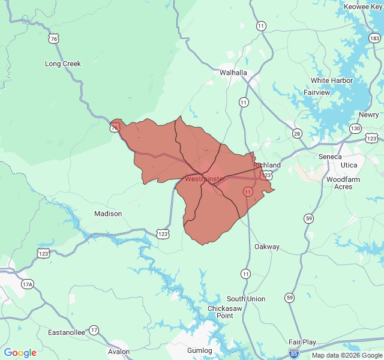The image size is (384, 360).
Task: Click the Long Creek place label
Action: coord(63,64)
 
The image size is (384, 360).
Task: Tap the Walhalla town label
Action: coord(233,73)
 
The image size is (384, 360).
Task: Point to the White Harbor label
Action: coord(332,80)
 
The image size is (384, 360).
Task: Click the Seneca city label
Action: coord(330,157)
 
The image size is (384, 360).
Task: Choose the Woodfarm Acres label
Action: coord(343,183)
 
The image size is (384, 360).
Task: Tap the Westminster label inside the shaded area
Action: coord(205,179)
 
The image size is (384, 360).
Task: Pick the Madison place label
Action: coord(108,214)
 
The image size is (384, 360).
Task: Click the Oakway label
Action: coord(267,247)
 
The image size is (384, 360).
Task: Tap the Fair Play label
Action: coord(302,342)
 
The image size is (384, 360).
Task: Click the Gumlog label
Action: coord(200,350)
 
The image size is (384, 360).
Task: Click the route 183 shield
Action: coord(375,39)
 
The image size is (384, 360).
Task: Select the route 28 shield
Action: coord(297,133)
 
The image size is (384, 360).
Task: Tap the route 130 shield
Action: coord(356,128)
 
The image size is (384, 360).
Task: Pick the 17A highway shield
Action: coord(27,284)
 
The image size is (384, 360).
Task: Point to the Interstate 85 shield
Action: coord(294,353)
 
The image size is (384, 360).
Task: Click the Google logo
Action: coord(20,353)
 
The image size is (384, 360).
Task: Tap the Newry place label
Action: coord(368,115)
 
